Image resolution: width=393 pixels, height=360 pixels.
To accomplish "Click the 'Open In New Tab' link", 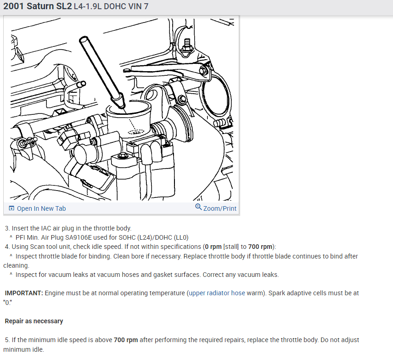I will click(41, 208).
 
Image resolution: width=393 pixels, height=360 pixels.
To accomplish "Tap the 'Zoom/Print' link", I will click(219, 208).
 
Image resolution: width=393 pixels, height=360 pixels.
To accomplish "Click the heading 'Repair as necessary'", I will click(34, 321).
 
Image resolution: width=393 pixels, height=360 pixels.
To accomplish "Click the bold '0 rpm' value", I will click(213, 247).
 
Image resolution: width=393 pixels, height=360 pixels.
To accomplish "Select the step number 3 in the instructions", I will click(7, 228).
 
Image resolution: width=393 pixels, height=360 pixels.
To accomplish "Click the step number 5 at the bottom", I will click(7, 340).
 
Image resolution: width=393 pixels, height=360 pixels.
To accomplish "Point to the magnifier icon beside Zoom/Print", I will click(198, 208).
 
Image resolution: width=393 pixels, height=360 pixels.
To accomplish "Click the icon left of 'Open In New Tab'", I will click(11, 208).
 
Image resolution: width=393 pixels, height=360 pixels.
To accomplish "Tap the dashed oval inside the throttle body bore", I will click(136, 132).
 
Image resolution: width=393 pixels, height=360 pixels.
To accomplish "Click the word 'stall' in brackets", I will click(231, 247).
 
